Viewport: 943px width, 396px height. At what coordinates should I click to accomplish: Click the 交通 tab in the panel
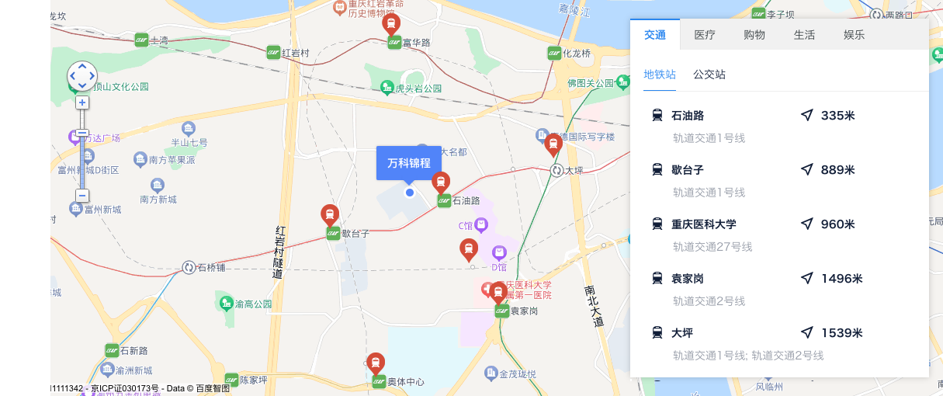click(655, 35)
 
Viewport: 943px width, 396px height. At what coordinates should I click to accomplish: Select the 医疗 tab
click(705, 35)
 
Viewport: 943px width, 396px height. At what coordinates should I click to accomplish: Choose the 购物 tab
click(754, 35)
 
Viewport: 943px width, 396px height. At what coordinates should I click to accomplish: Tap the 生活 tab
click(804, 35)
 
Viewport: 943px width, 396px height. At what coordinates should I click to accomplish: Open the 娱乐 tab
click(854, 35)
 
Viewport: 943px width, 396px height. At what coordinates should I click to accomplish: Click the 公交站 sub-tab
click(709, 75)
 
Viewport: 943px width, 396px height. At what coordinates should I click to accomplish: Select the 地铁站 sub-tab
click(660, 75)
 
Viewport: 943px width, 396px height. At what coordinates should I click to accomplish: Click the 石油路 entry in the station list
click(688, 116)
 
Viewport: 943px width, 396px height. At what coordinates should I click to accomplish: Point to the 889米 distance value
click(837, 170)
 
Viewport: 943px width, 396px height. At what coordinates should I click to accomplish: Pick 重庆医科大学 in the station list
click(704, 224)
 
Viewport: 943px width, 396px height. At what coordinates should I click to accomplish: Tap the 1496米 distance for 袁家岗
click(841, 279)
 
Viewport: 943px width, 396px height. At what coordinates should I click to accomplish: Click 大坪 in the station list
click(682, 333)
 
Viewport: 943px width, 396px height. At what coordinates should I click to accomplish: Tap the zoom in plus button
click(82, 102)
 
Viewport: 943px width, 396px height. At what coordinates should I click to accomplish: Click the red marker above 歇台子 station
click(330, 215)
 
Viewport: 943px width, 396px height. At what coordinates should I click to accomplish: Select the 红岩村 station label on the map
click(295, 53)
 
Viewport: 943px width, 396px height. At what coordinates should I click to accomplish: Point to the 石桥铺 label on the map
click(210, 268)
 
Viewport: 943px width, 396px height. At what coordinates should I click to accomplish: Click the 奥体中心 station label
click(406, 382)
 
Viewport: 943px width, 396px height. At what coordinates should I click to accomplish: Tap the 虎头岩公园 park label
click(418, 89)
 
